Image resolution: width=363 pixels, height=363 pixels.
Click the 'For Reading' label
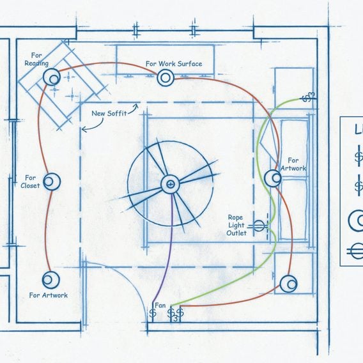tap(36, 59)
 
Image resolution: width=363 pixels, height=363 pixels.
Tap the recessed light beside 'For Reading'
tap(52, 77)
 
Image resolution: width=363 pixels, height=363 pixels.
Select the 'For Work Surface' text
tap(174, 64)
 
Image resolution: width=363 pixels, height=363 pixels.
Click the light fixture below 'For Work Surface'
tap(166, 78)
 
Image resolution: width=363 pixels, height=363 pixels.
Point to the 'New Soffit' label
tap(109, 114)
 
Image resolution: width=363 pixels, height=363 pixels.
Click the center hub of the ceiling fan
tap(170, 184)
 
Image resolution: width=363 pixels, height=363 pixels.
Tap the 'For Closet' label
tap(30, 181)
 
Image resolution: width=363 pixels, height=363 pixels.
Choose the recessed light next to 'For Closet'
tap(52, 181)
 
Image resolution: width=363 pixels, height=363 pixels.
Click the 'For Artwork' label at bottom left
tap(49, 295)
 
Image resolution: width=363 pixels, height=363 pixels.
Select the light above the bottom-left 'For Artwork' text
tap(50, 280)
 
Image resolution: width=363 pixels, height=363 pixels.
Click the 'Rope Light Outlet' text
tap(236, 225)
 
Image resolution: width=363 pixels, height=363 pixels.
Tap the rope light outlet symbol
tap(259, 226)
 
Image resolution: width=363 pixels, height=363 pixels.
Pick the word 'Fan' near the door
tap(160, 305)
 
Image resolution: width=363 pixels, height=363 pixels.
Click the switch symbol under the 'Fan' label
tap(153, 313)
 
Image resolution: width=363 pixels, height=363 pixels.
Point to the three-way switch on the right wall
tap(309, 97)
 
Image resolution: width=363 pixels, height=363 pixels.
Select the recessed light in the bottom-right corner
tap(288, 284)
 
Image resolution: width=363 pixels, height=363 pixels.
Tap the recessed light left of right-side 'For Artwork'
tap(273, 178)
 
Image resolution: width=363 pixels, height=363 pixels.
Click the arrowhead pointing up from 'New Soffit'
tap(136, 106)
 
